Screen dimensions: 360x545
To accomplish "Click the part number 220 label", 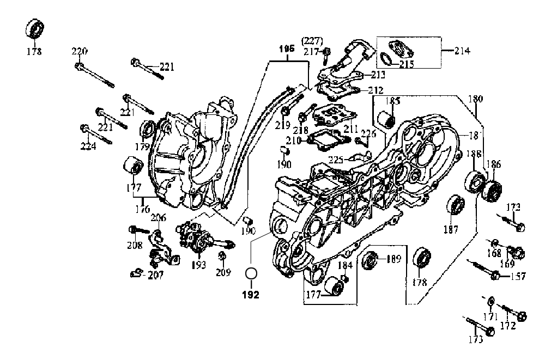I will [80, 52].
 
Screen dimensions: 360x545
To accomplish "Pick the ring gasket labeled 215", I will [385, 58].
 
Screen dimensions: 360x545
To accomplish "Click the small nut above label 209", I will [222, 255].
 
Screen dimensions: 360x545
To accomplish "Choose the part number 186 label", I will [493, 164].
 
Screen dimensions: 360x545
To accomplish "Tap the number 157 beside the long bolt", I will [518, 277].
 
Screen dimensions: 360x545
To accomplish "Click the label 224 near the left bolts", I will [88, 146].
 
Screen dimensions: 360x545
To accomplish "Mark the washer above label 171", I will [491, 300].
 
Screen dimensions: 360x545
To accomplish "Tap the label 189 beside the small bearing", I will [393, 259].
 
